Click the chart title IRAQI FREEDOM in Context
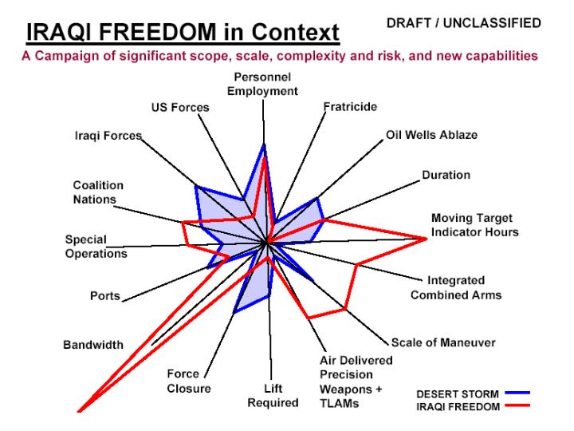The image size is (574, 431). pyautogui.click(x=183, y=32)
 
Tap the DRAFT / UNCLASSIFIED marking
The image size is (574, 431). pyautogui.click(x=464, y=23)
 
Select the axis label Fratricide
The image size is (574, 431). pyautogui.click(x=350, y=107)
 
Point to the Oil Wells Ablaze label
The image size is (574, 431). pyautogui.click(x=431, y=135)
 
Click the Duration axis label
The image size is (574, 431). pyautogui.click(x=446, y=175)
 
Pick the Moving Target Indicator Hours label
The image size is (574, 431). pyautogui.click(x=475, y=225)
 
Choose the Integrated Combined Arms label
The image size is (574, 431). pyautogui.click(x=456, y=287)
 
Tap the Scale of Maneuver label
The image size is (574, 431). pyautogui.click(x=443, y=342)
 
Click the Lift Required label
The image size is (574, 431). pyautogui.click(x=273, y=395)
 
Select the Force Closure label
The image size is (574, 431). pyautogui.click(x=188, y=382)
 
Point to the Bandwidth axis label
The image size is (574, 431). pyautogui.click(x=93, y=345)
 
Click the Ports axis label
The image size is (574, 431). pyautogui.click(x=105, y=296)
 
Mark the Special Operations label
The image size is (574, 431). pyautogui.click(x=96, y=247)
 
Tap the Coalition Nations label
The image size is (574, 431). pyautogui.click(x=98, y=192)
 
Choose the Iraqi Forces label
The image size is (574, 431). pyautogui.click(x=108, y=136)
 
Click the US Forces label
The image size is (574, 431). pyautogui.click(x=180, y=108)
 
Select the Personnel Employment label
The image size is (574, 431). pyautogui.click(x=262, y=84)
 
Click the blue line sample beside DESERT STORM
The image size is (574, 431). pyautogui.click(x=517, y=393)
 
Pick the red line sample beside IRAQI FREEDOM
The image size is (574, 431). pyautogui.click(x=517, y=405)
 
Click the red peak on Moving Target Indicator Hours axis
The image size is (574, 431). pyautogui.click(x=426, y=239)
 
